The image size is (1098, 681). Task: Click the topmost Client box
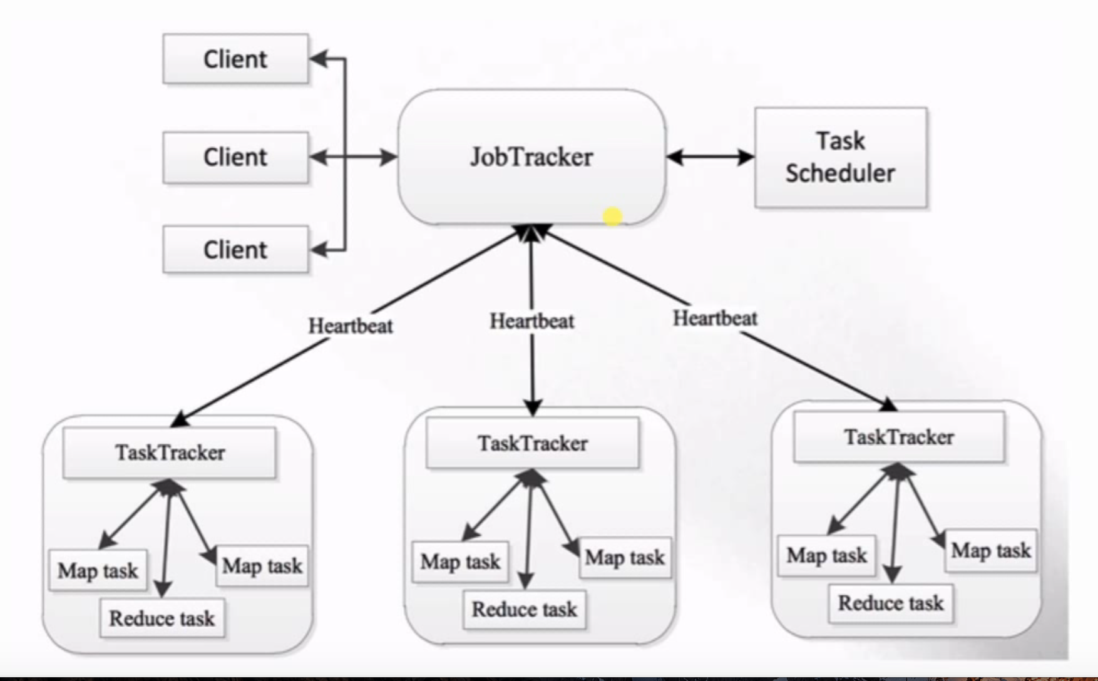[x=235, y=59]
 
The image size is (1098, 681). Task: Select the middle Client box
[x=235, y=156]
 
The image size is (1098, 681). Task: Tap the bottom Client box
[x=235, y=250]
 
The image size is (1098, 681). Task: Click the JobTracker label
[x=531, y=156]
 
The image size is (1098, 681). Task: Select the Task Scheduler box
[x=840, y=157]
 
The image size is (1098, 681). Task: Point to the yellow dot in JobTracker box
[x=612, y=217]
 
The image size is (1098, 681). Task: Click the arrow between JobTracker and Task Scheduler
[x=710, y=157]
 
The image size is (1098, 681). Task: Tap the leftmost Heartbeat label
[x=351, y=325]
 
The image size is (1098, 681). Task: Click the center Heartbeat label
[x=531, y=321]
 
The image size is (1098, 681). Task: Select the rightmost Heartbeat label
[x=715, y=318]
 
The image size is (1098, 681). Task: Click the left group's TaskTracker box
[x=170, y=453]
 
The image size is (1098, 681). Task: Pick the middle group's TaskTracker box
[x=533, y=443]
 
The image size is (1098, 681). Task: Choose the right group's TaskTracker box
[x=899, y=437]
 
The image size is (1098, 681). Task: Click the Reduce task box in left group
[x=162, y=618]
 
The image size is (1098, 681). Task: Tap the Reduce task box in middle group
[x=525, y=609]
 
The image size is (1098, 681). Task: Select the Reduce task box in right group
[x=891, y=603]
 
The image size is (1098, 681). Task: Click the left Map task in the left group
[x=98, y=570]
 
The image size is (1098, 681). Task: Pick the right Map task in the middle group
[x=625, y=557]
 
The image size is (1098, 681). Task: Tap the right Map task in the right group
[x=990, y=551]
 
